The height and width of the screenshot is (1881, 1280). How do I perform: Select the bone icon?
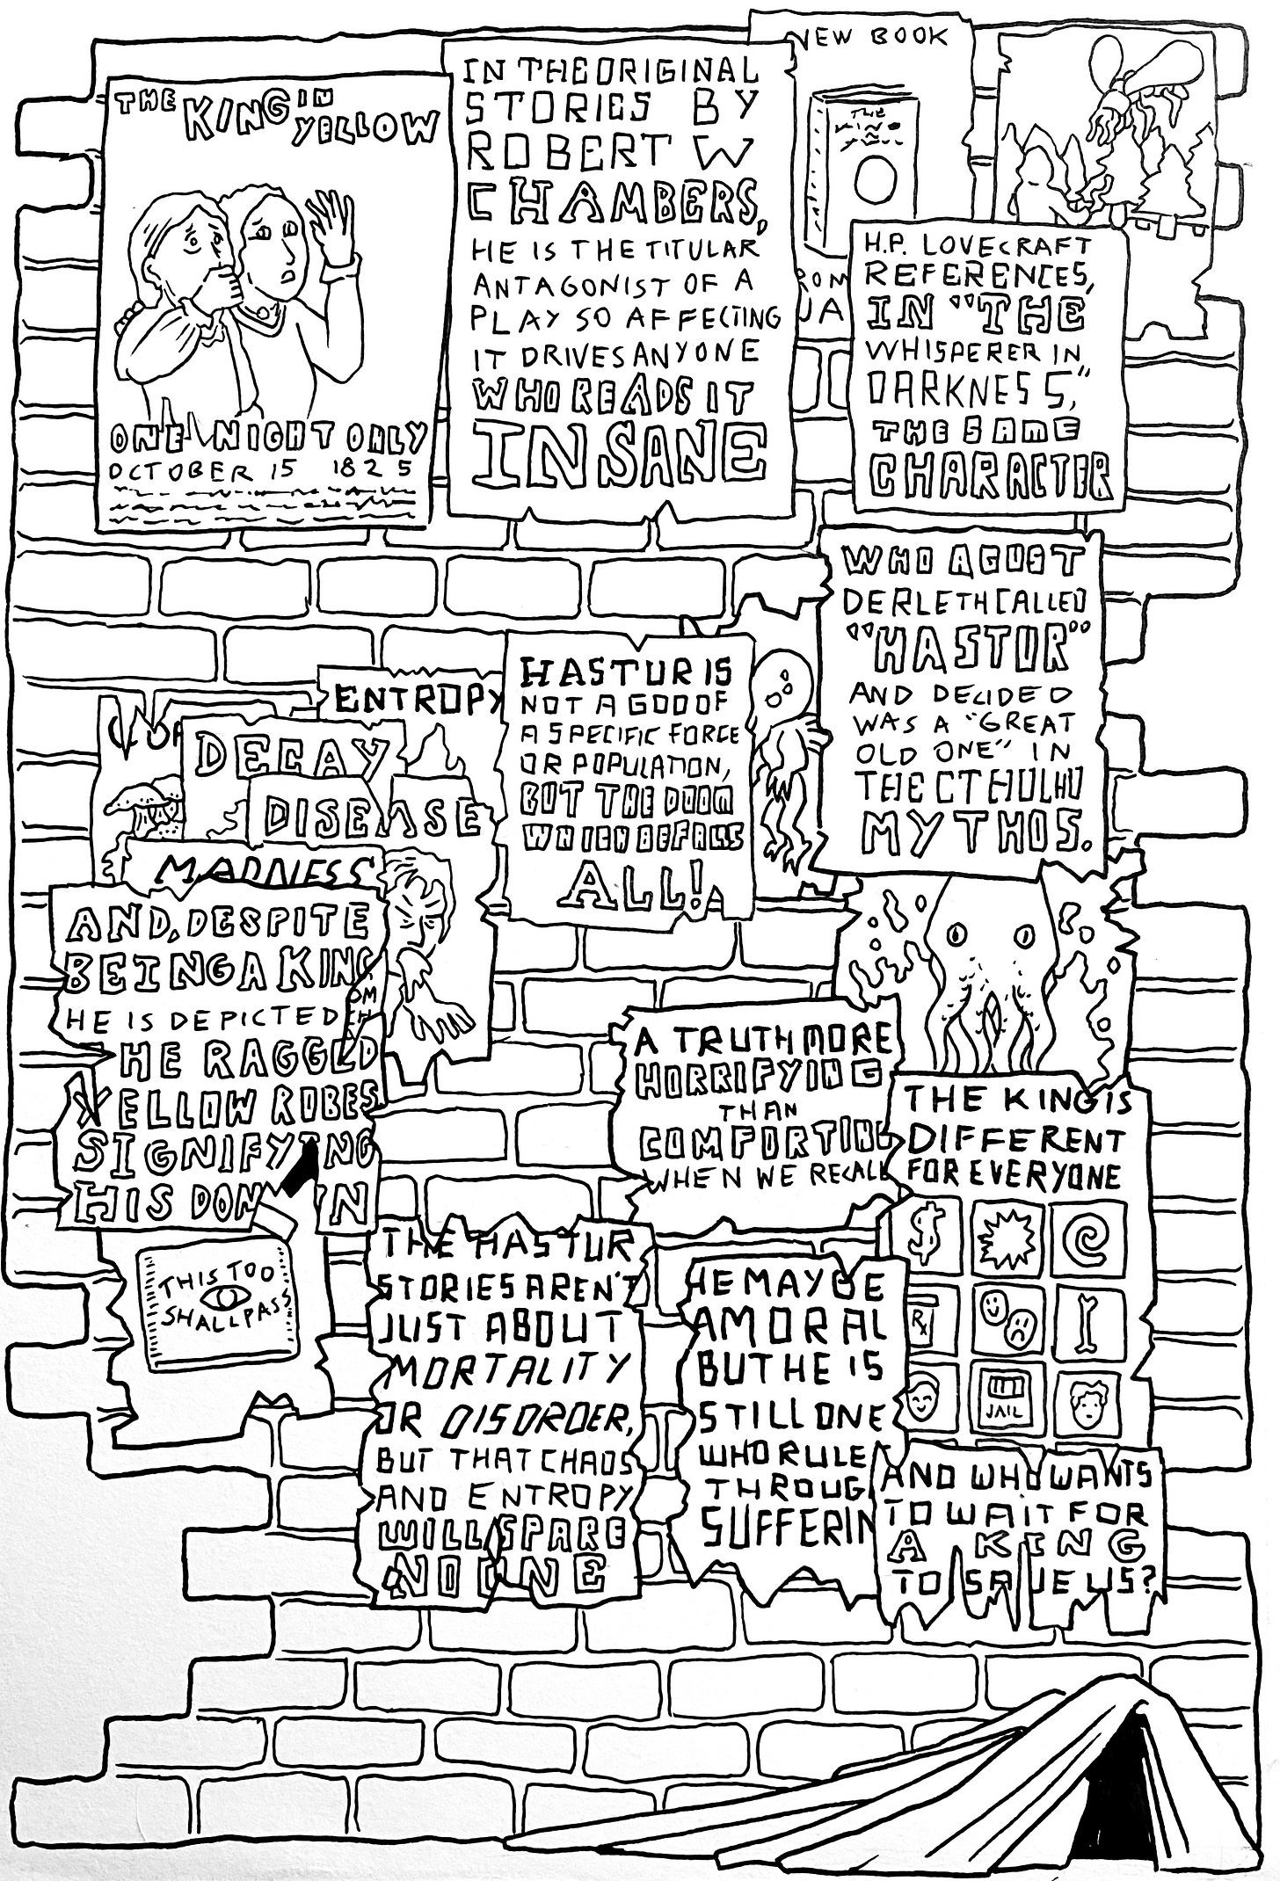(x=1088, y=1325)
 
